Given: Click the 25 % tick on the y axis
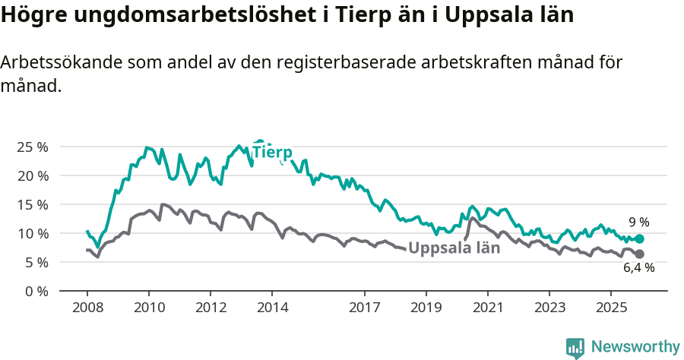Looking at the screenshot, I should (32, 147).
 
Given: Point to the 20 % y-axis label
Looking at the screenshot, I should (32, 175).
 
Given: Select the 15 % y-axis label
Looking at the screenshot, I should (32, 204).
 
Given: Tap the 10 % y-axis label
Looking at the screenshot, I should (32, 233).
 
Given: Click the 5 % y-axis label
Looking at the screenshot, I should (35, 262).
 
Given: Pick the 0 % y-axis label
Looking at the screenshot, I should (35, 291).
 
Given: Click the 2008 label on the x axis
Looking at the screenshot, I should (87, 308).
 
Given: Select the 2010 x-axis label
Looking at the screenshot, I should (149, 308).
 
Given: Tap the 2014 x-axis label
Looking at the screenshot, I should (272, 308).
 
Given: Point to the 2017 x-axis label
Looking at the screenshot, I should (365, 308).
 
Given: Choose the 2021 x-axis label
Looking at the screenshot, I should (488, 308).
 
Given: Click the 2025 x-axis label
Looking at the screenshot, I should (611, 308).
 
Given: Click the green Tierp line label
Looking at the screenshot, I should (272, 152).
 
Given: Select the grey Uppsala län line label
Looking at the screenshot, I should (454, 248).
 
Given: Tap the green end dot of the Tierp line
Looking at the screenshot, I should (639, 238).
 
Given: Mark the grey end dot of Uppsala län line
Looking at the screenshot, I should (639, 254).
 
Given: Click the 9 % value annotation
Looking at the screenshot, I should (638, 223).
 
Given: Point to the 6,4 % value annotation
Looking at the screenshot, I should (638, 268).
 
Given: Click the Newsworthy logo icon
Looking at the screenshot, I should (575, 347).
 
